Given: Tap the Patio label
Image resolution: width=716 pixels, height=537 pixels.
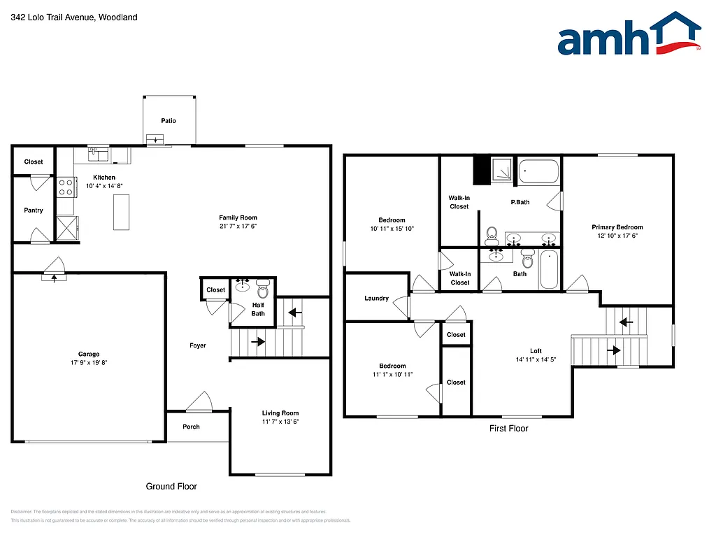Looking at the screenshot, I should pyautogui.click(x=169, y=121).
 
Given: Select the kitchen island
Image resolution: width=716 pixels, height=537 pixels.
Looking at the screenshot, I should pyautogui.click(x=122, y=211).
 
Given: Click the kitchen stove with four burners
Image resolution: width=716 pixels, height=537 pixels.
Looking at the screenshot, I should pyautogui.click(x=66, y=187).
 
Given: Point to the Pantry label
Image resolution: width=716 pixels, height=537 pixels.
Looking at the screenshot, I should pyautogui.click(x=34, y=210).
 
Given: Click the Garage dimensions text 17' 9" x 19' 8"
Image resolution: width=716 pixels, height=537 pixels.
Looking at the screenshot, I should pyautogui.click(x=89, y=363).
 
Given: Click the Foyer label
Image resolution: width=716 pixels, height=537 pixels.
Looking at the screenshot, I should pyautogui.click(x=198, y=345).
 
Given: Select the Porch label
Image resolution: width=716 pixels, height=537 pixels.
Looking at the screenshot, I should pyautogui.click(x=191, y=427).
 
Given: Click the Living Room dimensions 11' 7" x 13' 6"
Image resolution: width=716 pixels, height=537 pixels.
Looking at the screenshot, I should pyautogui.click(x=280, y=422).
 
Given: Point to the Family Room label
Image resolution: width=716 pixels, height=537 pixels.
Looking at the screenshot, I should pyautogui.click(x=238, y=217).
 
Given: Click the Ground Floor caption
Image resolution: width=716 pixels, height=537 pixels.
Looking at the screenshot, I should pyautogui.click(x=171, y=486).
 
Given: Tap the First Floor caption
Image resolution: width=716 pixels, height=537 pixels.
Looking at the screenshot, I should pyautogui.click(x=508, y=429).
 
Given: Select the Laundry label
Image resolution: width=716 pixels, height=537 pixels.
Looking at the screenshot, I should pyautogui.click(x=376, y=299).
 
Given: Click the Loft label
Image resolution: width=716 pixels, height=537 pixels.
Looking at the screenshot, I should pyautogui.click(x=536, y=351).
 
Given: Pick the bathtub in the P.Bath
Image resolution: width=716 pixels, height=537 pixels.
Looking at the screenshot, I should pyautogui.click(x=538, y=171).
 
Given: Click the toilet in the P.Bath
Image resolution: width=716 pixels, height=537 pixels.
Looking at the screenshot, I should pyautogui.click(x=492, y=234).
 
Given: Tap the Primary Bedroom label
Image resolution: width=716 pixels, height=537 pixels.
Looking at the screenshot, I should pyautogui.click(x=617, y=227).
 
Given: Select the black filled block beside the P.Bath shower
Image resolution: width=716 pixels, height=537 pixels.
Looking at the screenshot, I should pyautogui.click(x=481, y=171).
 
